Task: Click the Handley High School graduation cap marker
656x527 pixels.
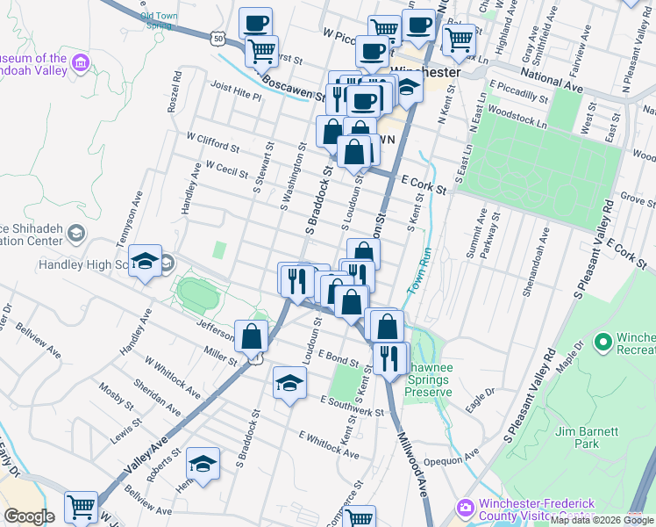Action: (x=146, y=261)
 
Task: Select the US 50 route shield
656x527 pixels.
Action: (x=218, y=38)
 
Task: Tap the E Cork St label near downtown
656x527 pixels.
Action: (x=424, y=183)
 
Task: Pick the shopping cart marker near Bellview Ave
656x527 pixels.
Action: (x=81, y=506)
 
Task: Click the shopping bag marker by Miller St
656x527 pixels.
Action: (x=252, y=336)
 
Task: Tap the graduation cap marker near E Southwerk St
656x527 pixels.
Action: (x=289, y=382)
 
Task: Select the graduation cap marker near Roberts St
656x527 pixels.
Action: (x=203, y=463)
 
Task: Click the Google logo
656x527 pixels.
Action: (x=29, y=516)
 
